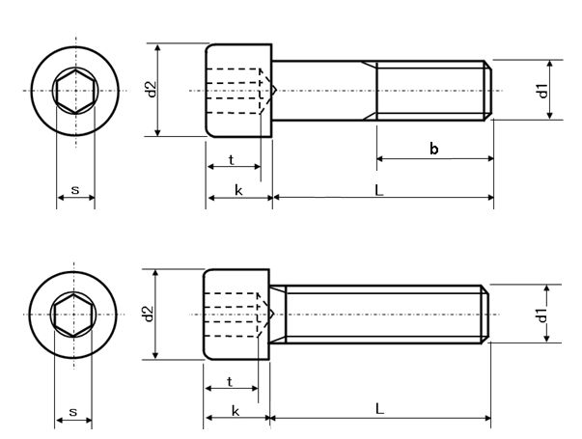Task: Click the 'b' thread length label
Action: [434, 148]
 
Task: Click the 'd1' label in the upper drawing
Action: [543, 91]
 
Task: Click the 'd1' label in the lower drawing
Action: [542, 315]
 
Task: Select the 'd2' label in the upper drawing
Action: [151, 90]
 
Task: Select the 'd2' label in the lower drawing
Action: [148, 315]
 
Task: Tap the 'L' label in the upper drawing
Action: [379, 190]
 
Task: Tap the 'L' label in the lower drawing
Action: [379, 409]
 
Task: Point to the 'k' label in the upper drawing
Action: [238, 190]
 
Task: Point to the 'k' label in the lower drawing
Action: [236, 410]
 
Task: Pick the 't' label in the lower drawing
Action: [230, 381]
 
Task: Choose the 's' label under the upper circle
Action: [75, 190]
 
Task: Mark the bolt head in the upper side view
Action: [240, 90]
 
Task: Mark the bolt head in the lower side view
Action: [237, 315]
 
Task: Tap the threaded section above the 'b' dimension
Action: [433, 90]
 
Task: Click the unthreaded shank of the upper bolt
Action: [324, 90]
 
